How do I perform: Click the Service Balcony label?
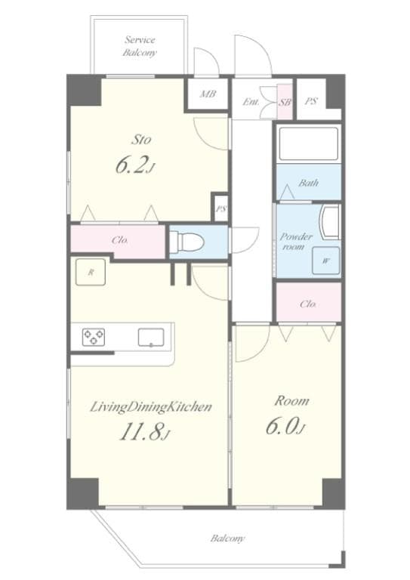(x=139, y=46)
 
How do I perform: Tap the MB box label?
(x=206, y=95)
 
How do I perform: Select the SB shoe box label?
(x=285, y=100)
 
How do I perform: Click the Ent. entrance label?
(x=251, y=101)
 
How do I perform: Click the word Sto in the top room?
(x=140, y=139)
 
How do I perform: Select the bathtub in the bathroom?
(x=307, y=144)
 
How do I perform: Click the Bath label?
(x=308, y=184)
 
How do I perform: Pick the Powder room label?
(x=297, y=242)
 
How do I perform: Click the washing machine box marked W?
(x=325, y=261)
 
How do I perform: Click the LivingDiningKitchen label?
(x=150, y=407)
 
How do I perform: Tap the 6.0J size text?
(x=285, y=428)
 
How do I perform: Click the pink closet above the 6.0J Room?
(x=307, y=304)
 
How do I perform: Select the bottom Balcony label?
(x=227, y=538)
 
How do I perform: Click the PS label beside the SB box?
(x=311, y=100)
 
